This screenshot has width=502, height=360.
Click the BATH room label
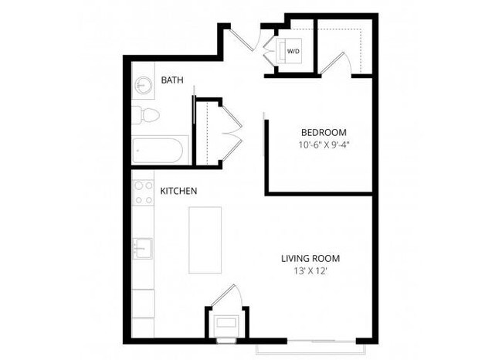(172, 80)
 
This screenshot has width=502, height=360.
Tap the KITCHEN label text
(178, 190)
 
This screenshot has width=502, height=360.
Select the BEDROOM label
(323, 131)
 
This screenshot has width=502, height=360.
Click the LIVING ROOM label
(310, 258)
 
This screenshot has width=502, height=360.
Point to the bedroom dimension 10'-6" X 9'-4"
(323, 144)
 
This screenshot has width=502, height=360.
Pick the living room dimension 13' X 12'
(310, 271)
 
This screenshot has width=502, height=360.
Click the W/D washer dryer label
(293, 51)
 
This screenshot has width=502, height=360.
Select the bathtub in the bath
(160, 150)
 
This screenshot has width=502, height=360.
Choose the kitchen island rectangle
(205, 239)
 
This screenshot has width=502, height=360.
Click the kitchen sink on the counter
(143, 249)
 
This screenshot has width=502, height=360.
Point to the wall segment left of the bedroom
(266, 151)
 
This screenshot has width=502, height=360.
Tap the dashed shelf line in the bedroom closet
(340, 29)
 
